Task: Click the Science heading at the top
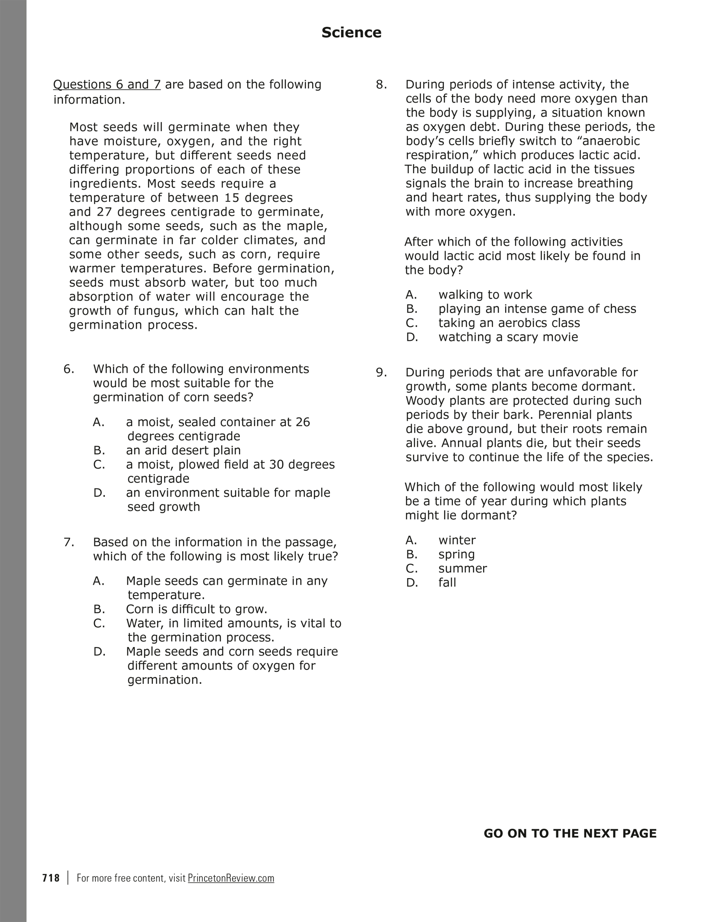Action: tap(351, 32)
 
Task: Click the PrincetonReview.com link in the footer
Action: tap(231, 878)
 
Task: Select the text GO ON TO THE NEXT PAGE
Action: tap(570, 833)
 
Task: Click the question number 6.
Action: tap(69, 369)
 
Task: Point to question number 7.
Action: tap(69, 542)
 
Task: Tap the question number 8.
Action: tap(381, 84)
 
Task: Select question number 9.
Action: tap(381, 372)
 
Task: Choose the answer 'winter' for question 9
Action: tap(457, 540)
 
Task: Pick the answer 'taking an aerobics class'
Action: tap(509, 323)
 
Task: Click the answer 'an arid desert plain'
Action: tap(183, 450)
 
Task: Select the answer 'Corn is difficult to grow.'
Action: tap(197, 609)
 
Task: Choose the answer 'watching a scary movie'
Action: tap(508, 337)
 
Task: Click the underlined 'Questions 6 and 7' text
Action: tap(107, 84)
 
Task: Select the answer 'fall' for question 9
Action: tap(447, 582)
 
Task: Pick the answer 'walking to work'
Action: tap(485, 295)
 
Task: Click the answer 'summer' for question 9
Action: tap(462, 569)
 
